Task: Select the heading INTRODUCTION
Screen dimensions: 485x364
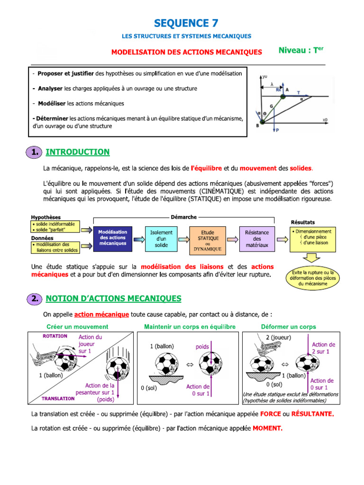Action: (x=77, y=152)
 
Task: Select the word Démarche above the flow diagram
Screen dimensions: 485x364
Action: (x=183, y=217)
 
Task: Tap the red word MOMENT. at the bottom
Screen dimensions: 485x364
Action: (x=267, y=429)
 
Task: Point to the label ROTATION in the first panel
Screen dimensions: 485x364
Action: (x=55, y=336)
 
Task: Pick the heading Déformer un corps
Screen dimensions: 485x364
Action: (x=288, y=327)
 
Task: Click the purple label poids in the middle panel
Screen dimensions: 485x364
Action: (x=202, y=347)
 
